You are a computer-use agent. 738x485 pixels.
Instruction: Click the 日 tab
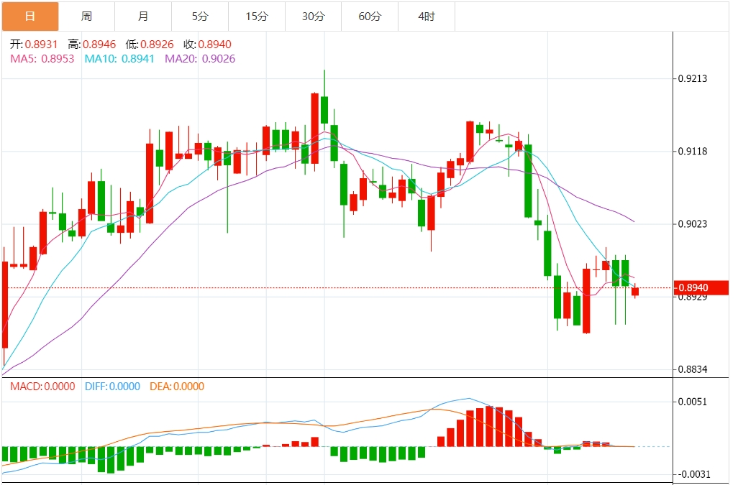[29, 16]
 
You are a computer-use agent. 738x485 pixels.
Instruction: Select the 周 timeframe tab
[86, 16]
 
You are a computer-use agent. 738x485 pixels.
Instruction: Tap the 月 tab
[143, 16]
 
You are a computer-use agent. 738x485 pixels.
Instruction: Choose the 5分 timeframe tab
[200, 16]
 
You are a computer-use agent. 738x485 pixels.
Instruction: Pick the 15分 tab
[257, 16]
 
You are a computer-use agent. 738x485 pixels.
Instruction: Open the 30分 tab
[314, 16]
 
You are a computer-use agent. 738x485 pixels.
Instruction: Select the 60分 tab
[370, 16]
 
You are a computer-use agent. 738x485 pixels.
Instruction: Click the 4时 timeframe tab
[427, 16]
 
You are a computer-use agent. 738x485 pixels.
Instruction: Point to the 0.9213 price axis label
[693, 78]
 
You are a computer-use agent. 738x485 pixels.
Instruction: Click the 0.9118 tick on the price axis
[693, 152]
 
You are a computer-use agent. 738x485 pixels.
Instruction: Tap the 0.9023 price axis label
[693, 224]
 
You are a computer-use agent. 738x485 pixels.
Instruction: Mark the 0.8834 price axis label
[693, 370]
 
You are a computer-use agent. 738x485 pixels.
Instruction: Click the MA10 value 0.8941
[138, 59]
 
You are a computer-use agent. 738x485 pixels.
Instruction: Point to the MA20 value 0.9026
[219, 59]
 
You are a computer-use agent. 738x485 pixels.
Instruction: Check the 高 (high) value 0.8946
[99, 45]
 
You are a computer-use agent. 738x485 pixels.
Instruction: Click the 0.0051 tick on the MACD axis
[693, 402]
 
